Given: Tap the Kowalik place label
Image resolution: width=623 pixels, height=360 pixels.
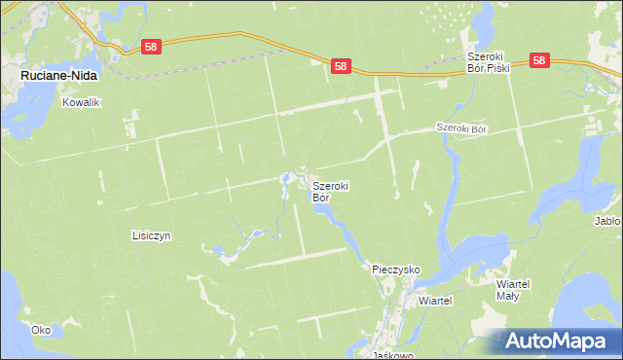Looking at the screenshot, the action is (81, 101).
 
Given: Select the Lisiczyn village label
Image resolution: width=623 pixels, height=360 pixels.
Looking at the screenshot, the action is (151, 235).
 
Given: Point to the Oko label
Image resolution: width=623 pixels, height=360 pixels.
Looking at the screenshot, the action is (40, 330).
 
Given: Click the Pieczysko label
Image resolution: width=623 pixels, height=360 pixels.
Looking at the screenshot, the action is (396, 268).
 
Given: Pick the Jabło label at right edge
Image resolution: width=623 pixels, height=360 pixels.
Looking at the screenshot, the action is (607, 221).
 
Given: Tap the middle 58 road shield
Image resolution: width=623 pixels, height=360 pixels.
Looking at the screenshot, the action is (340, 66).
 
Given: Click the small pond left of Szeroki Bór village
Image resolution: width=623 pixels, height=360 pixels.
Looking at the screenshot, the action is (287, 178).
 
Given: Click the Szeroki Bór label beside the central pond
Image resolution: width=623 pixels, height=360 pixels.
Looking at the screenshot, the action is (330, 191).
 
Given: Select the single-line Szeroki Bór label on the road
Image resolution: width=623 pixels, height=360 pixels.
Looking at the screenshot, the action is (460, 127).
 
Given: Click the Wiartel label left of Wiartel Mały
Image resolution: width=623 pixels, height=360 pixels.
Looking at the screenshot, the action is (435, 301).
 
